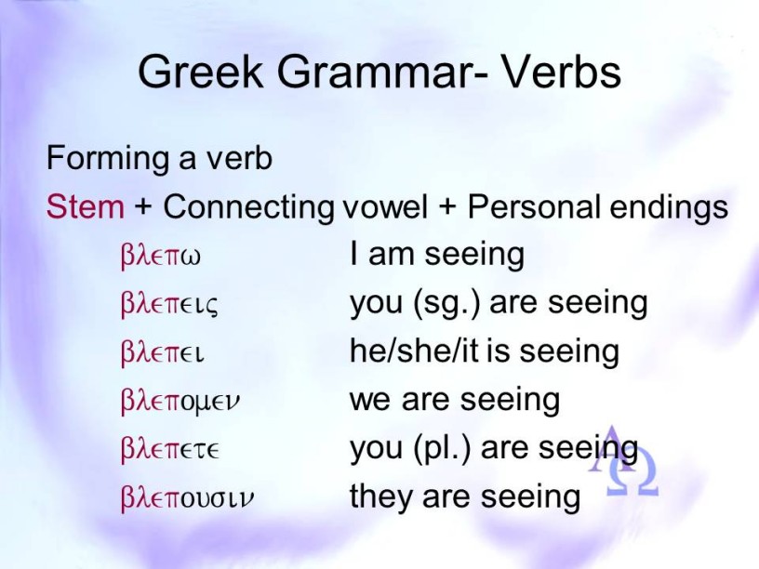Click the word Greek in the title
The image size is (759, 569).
200,71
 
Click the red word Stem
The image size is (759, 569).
86,206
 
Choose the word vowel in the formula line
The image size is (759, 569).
385,206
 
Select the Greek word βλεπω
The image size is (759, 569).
160,257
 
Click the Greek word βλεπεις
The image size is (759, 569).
169,305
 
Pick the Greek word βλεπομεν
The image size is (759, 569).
180,402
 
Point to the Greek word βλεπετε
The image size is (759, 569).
170,450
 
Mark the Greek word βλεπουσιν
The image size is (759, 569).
187,498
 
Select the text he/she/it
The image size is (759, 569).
414,351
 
